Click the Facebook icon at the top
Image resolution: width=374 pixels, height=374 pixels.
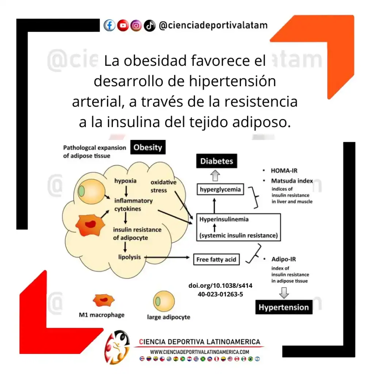pos(109,26)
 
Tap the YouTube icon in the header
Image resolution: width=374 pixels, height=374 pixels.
pos(123,26)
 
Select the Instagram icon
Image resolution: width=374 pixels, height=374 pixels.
pos(136,26)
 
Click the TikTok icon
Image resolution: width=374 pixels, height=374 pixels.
pos(149,26)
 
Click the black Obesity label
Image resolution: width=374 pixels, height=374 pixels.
pos(148,148)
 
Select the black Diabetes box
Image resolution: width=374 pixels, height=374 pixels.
pos(217,161)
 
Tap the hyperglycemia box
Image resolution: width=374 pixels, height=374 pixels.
pos(220,189)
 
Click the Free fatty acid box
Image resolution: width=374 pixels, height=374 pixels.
pos(216,260)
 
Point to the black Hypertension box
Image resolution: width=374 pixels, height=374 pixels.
pos(284,307)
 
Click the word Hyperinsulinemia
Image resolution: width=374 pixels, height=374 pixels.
pos(224,219)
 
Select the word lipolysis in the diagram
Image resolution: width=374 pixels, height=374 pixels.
pos(129,257)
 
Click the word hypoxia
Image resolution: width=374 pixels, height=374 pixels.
pos(125,181)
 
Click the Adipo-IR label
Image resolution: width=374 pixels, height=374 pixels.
pos(284,259)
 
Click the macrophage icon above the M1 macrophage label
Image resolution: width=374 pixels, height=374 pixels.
pos(103,300)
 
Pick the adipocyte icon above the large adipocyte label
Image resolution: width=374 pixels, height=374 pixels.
pos(164,302)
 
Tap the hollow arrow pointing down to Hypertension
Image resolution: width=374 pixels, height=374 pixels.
pos(284,293)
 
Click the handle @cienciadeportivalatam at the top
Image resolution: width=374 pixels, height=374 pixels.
pos(213,26)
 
